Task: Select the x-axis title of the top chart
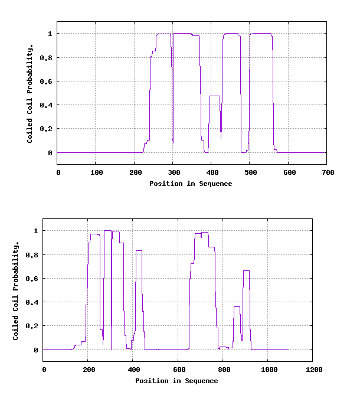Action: [x=191, y=184]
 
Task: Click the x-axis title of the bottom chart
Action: [x=176, y=381]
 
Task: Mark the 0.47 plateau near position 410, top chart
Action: [x=215, y=96]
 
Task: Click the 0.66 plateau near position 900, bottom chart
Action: [x=246, y=270]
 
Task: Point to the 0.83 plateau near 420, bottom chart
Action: [x=139, y=251]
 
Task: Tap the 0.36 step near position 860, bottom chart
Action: [x=237, y=306]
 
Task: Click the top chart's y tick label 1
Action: [x=50, y=34]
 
